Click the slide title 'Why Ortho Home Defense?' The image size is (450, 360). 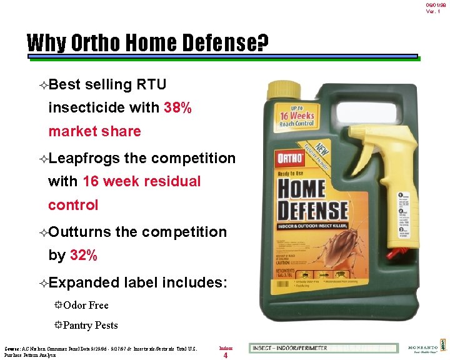148,44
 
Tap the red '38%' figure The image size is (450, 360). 177,107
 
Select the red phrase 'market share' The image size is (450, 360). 94,131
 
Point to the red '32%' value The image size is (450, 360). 83,255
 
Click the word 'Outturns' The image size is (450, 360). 80,232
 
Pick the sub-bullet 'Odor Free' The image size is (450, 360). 86,305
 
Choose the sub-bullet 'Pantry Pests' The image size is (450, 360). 90,325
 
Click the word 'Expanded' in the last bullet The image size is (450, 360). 84,282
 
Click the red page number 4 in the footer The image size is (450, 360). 225,356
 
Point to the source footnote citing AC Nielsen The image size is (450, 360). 100,351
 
